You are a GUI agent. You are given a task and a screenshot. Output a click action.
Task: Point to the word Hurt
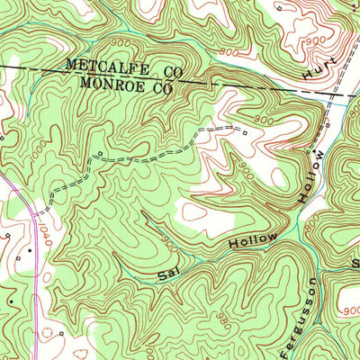(x=319, y=68)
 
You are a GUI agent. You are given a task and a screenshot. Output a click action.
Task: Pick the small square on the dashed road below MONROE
(x=98, y=154)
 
